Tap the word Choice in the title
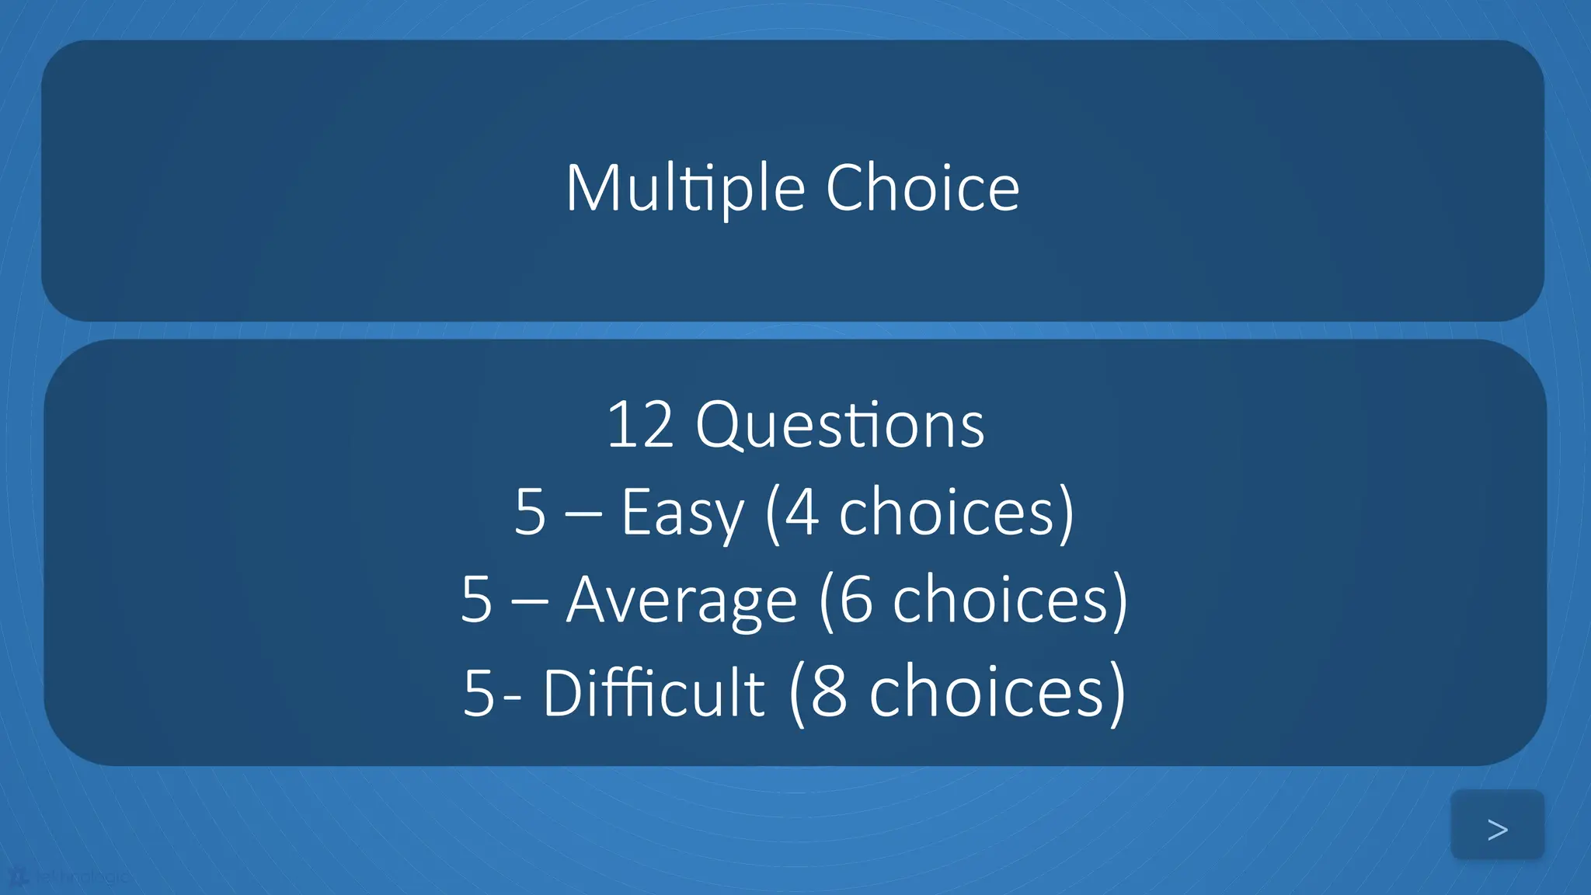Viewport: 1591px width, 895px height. pos(922,189)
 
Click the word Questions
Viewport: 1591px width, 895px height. pos(840,426)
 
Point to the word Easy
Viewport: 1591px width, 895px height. pos(682,513)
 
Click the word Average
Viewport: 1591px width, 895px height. pos(681,601)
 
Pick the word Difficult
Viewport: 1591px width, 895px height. pos(653,692)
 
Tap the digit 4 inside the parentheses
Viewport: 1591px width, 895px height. pos(802,513)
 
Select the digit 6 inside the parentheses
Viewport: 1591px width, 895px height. pos(855,601)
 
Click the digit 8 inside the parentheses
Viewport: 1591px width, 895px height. pos(828,692)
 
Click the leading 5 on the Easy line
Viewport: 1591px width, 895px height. pos(530,513)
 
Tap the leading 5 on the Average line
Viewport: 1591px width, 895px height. pos(476,601)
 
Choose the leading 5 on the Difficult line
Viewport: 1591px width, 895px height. pos(479,692)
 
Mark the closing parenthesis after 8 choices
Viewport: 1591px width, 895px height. pos(1117,692)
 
